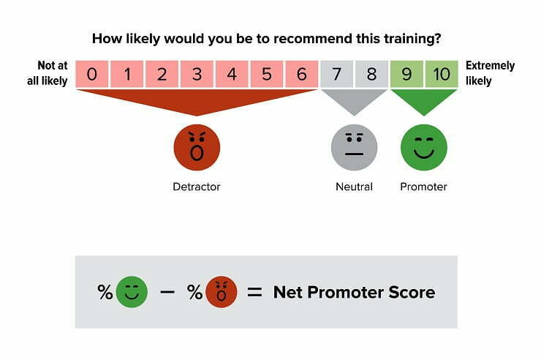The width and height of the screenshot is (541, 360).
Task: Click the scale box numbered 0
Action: (91, 74)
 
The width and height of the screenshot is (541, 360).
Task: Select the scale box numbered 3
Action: (197, 74)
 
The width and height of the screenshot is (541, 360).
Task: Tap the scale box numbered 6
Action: (301, 74)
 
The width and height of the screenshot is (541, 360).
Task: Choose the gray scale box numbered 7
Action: (337, 74)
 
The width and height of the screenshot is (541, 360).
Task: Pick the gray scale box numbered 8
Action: (371, 74)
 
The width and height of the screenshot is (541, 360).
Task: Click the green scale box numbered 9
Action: (407, 74)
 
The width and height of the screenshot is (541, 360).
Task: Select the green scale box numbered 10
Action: (442, 74)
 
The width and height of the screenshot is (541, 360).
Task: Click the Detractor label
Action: (197, 187)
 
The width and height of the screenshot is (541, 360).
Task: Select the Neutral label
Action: (355, 187)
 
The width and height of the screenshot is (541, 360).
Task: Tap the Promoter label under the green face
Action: (424, 187)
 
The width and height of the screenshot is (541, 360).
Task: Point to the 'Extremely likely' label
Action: (491, 73)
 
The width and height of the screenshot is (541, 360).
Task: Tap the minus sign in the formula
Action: (167, 292)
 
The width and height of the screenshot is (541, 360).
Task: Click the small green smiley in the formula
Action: (132, 292)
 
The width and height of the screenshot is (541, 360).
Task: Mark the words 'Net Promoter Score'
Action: (354, 293)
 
